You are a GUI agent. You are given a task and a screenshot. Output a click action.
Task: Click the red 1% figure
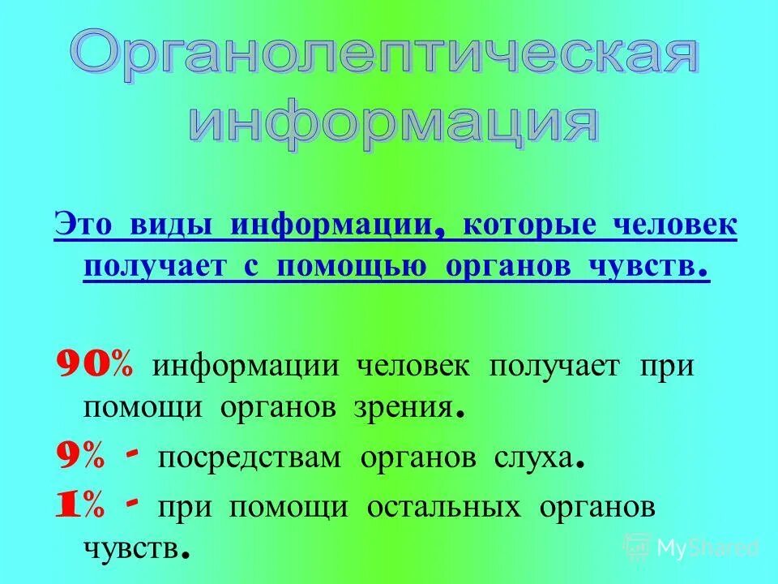(79, 507)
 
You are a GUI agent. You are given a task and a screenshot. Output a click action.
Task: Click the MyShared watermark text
(707, 547)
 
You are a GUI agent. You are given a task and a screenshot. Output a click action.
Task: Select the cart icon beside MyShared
(638, 547)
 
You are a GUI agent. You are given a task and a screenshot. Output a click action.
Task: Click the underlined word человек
(673, 225)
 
